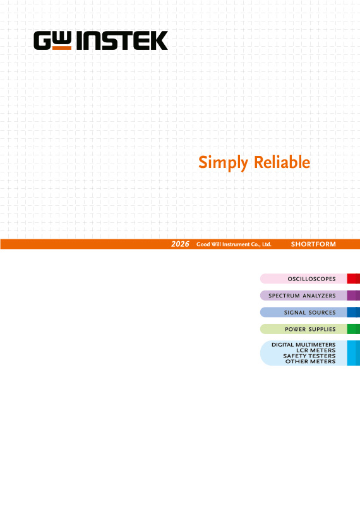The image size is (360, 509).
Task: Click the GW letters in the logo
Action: [52, 40]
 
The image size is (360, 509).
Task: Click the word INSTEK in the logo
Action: [122, 40]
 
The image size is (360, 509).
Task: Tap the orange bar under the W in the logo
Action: [62, 48]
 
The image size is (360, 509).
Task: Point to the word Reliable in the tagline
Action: [282, 162]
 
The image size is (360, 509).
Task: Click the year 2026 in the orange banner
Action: [180, 244]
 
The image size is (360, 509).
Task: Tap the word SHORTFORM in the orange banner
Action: [313, 244]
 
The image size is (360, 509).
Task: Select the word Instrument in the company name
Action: [236, 244]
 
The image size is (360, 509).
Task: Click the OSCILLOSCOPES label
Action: [311, 279]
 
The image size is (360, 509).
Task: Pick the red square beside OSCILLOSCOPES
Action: [353, 279]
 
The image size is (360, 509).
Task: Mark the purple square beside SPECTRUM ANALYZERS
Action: [353, 296]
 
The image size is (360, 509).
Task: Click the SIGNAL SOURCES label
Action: [309, 313]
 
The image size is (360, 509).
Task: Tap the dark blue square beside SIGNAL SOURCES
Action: [353, 312]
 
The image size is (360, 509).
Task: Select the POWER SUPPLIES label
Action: [310, 329]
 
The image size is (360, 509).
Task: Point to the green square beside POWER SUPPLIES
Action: [353, 329]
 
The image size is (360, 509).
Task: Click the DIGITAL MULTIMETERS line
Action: [304, 345]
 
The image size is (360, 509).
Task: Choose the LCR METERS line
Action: [316, 350]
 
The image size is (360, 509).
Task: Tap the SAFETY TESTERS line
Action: [309, 356]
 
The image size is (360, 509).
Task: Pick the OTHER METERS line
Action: [310, 361]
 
